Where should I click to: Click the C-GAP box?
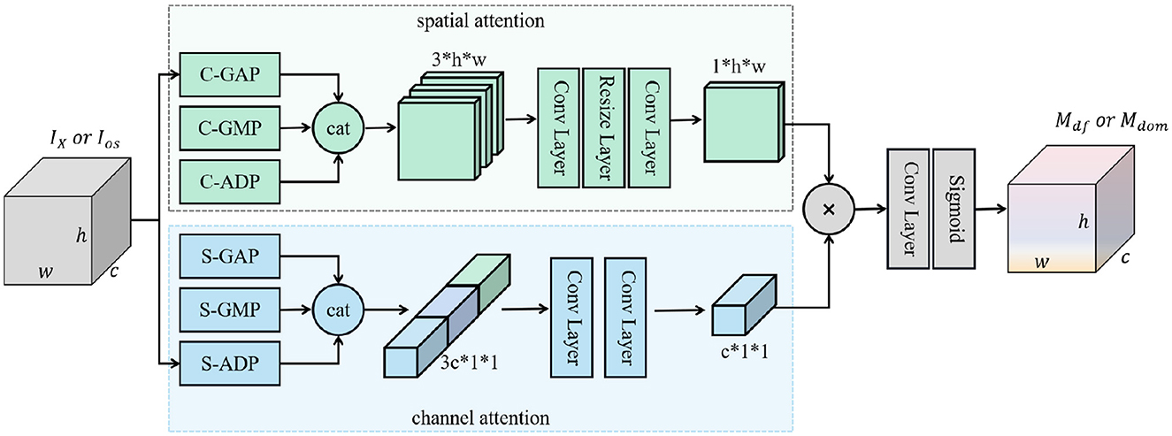tap(230, 74)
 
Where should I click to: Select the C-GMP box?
tap(230, 128)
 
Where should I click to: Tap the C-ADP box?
tap(230, 181)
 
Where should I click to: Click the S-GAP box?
tap(230, 256)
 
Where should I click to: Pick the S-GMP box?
tap(230, 310)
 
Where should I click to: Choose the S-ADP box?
tap(230, 363)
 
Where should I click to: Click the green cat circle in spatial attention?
tap(338, 128)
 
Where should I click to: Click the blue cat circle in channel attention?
tap(338, 310)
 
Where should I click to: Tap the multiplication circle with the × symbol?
tap(829, 210)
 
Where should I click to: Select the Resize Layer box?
tap(604, 127)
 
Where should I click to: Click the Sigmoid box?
tap(954, 209)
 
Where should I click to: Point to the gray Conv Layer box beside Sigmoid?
tap(908, 209)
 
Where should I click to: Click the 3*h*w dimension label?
tap(459, 59)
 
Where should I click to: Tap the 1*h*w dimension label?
tap(739, 66)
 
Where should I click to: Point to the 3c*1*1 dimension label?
tap(469, 363)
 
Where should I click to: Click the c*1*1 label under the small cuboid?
tap(745, 352)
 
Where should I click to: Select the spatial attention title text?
tap(480, 21)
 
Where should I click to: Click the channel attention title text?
tap(480, 417)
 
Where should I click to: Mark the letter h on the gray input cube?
tap(81, 235)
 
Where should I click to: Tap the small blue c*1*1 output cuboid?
tap(744, 304)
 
